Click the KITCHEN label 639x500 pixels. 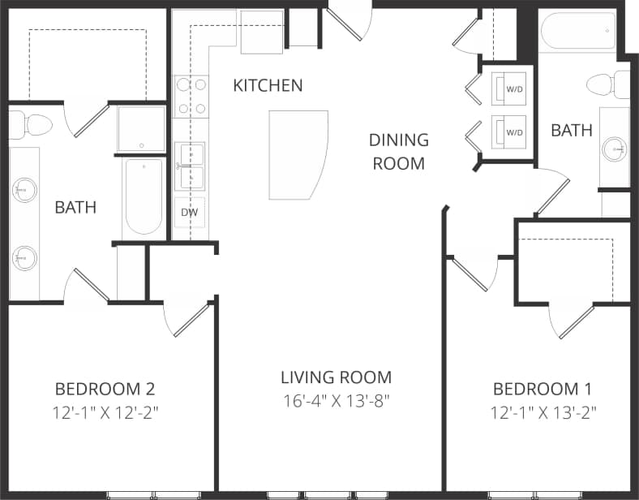pos(268,85)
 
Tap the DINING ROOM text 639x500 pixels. pos(398,151)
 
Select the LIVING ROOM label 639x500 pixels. pos(336,377)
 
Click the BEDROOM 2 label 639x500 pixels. pos(105,387)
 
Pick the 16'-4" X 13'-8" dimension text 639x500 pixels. pos(336,402)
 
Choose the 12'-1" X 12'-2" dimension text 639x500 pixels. pos(105,412)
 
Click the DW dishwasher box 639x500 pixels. pos(190,213)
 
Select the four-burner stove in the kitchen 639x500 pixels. pos(191,95)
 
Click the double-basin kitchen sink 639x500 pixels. pos(190,166)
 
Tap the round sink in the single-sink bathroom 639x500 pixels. pos(614,149)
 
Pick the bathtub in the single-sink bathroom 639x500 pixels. pos(578,31)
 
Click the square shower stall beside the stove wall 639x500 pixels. pos(141,128)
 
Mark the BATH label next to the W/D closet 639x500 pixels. pos(572,130)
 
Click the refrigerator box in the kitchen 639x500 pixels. pos(262,32)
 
